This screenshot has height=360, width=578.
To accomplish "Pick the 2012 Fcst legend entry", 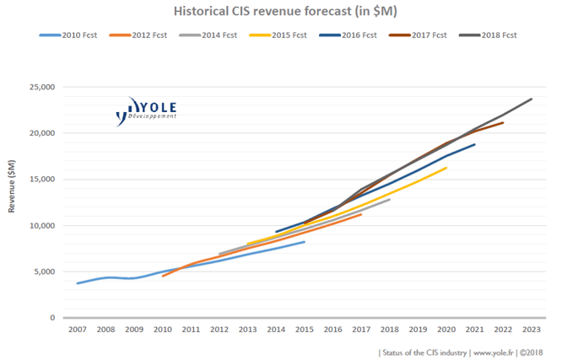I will click(x=143, y=35).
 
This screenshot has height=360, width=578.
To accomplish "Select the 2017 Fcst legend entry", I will click(x=421, y=35).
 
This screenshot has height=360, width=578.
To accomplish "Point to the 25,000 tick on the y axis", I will click(x=41, y=87).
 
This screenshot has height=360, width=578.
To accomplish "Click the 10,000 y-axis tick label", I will click(x=41, y=226).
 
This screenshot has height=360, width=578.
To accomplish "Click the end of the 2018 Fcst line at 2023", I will click(x=532, y=99).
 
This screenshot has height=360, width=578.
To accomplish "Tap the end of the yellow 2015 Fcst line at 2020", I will click(x=446, y=168).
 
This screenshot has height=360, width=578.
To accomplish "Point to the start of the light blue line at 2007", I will click(x=77, y=283).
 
